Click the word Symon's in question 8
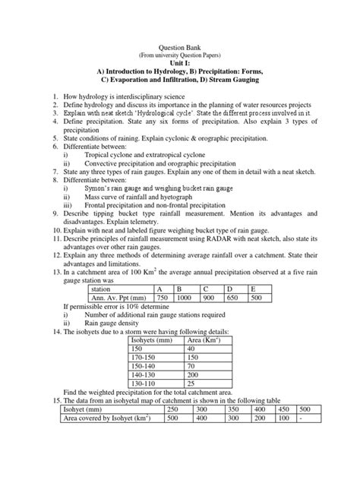pos(99,188)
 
